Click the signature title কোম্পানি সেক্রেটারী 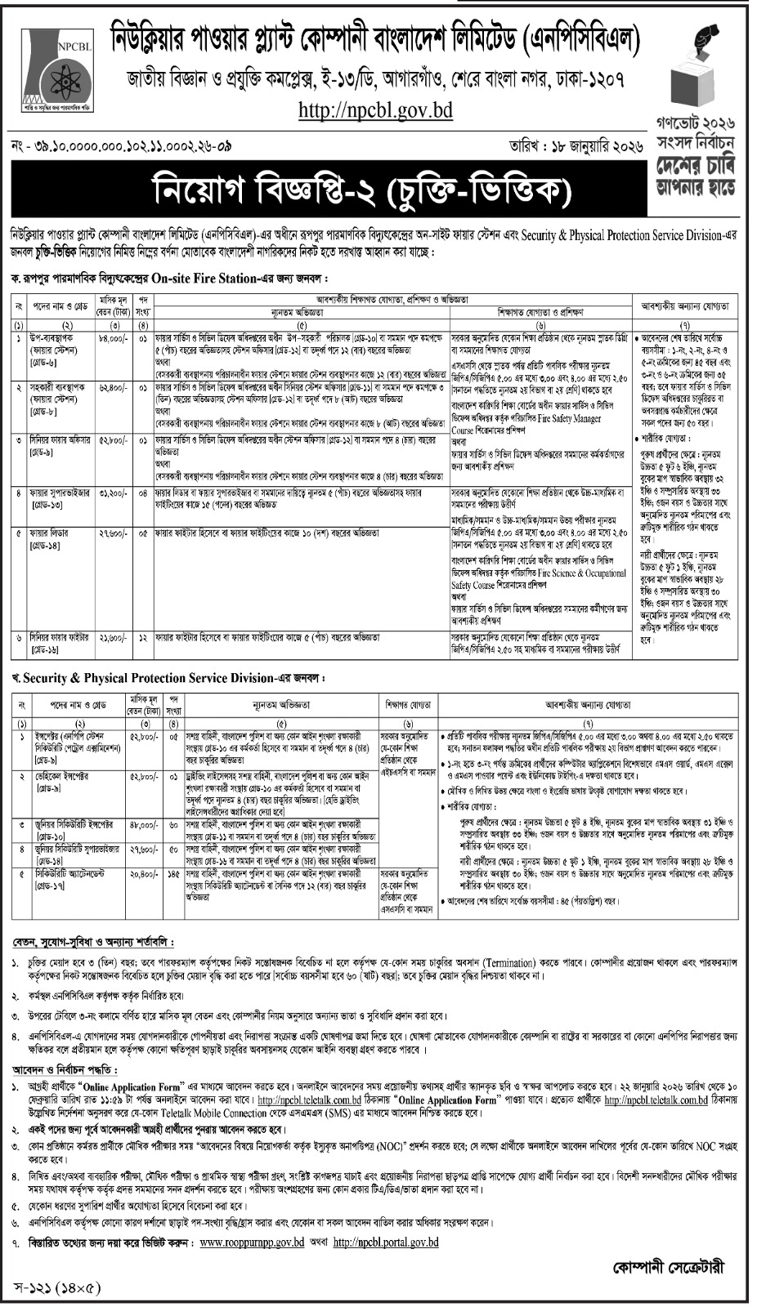tap(668, 1268)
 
